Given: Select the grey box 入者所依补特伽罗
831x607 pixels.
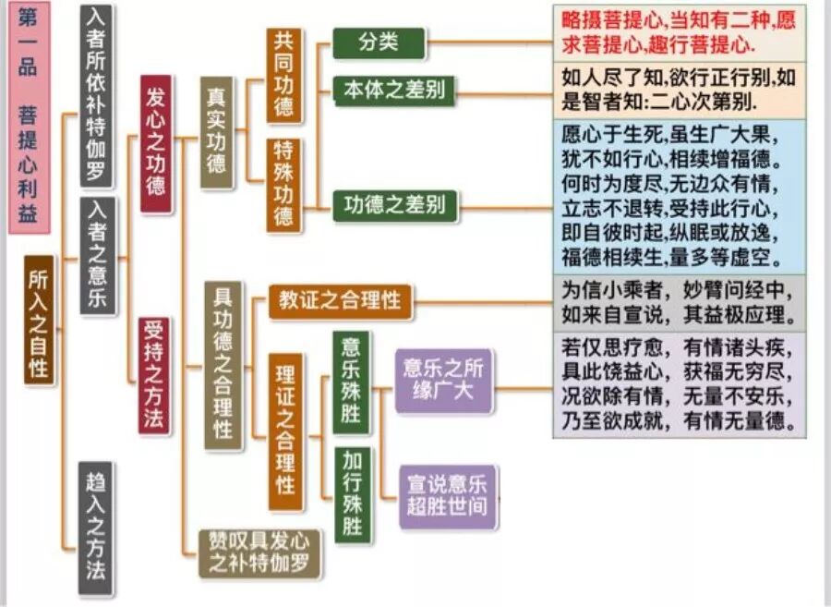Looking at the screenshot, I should [x=96, y=96].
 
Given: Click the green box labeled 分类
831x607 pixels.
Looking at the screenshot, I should [x=379, y=42].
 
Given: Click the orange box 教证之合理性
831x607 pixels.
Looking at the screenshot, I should [x=341, y=301].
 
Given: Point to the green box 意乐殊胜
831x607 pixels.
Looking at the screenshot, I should [x=352, y=381].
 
